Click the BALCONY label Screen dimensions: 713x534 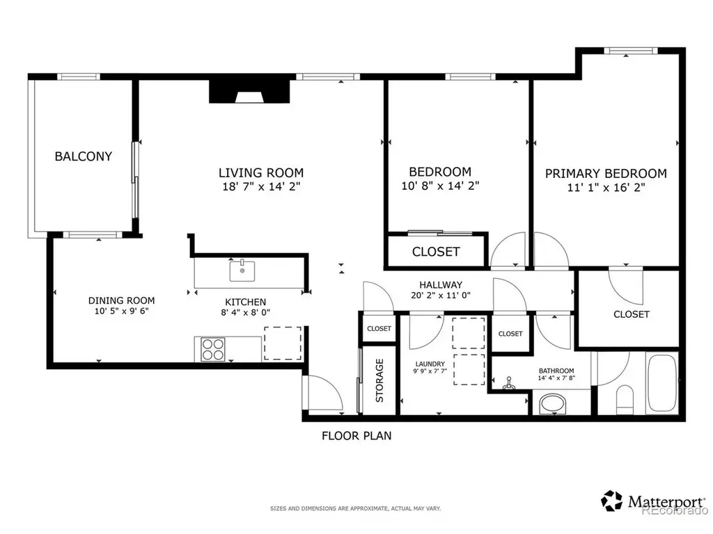pyautogui.click(x=84, y=156)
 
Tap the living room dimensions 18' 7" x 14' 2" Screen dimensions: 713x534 pyautogui.click(x=261, y=186)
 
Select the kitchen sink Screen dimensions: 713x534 pyautogui.click(x=242, y=270)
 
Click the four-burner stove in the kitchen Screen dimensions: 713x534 pyautogui.click(x=213, y=349)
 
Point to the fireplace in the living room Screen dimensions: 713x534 pyautogui.click(x=249, y=92)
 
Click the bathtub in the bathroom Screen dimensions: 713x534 pyautogui.click(x=662, y=384)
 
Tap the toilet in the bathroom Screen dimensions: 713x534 pyautogui.click(x=625, y=400)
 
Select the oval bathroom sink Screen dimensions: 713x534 pyautogui.click(x=552, y=404)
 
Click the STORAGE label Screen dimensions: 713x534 pyautogui.click(x=379, y=380)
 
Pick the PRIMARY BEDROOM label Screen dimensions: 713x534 pyautogui.click(x=606, y=173)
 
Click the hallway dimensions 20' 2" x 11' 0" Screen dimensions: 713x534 pyautogui.click(x=441, y=295)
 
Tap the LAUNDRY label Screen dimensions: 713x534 pyautogui.click(x=430, y=364)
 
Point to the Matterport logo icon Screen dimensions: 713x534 pyautogui.click(x=611, y=501)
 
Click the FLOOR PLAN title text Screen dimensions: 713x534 pyautogui.click(x=356, y=436)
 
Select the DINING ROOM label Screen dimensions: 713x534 pyautogui.click(x=121, y=300)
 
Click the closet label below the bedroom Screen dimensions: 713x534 pyautogui.click(x=436, y=252)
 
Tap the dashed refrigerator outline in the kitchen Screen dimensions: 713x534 pyautogui.click(x=283, y=343)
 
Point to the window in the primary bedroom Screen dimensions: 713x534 pyautogui.click(x=631, y=50)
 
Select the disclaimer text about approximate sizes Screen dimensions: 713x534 pyautogui.click(x=356, y=508)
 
